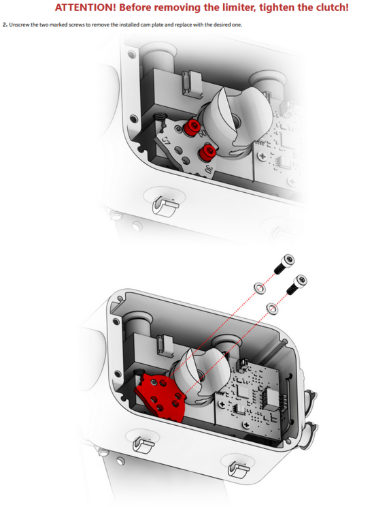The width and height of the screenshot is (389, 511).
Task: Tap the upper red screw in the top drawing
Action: (x=194, y=126)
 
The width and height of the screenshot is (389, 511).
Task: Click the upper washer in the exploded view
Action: (x=258, y=287)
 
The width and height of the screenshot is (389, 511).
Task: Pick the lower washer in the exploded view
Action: (x=273, y=309)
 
